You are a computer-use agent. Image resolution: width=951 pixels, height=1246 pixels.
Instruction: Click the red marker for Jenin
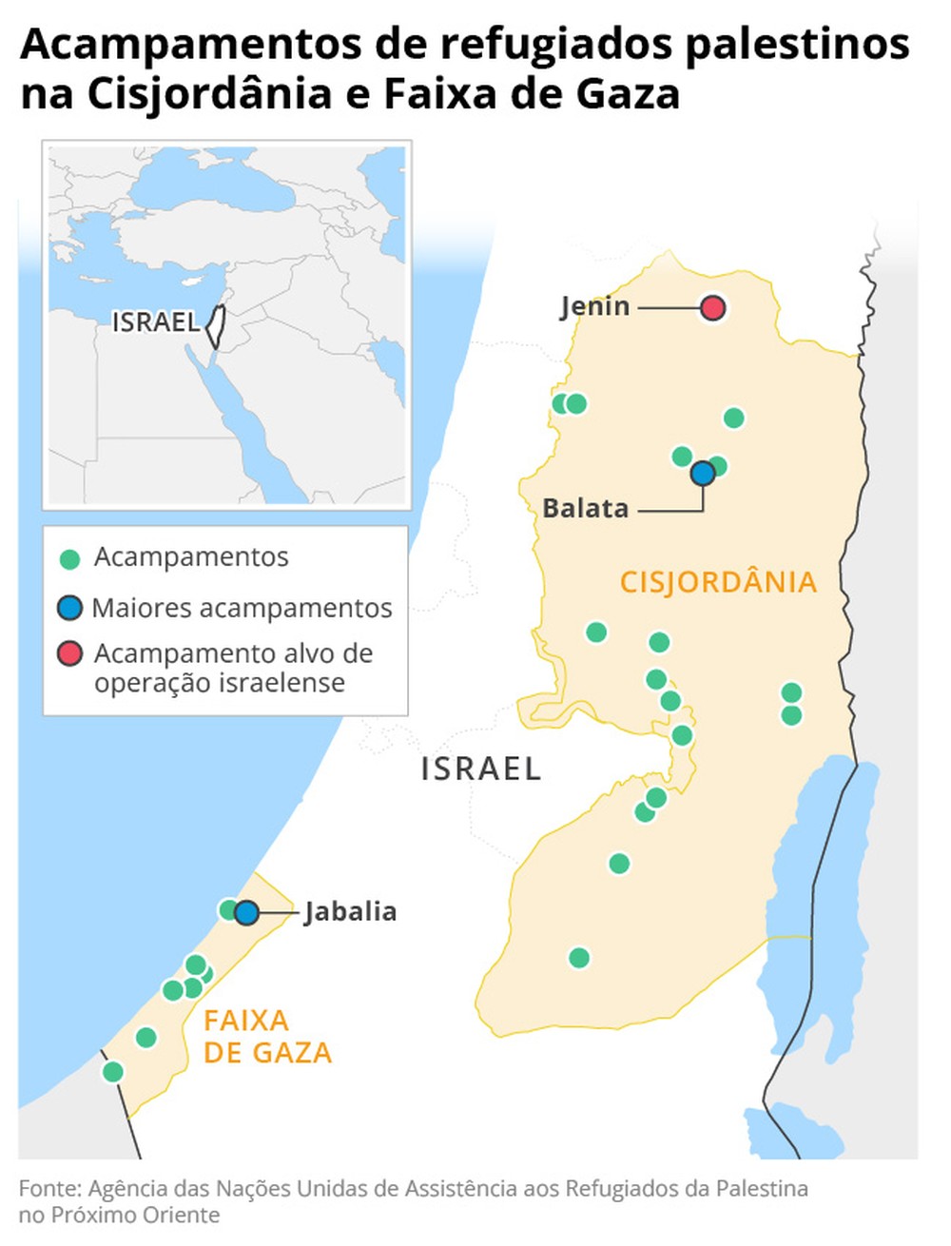point(713,308)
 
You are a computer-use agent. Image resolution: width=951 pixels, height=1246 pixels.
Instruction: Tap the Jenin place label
point(594,307)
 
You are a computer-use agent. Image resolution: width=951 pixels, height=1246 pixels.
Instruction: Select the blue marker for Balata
point(703,473)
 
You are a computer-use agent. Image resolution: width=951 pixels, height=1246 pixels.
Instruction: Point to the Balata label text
point(585,509)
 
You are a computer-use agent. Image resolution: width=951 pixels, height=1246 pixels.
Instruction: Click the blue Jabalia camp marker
point(247,913)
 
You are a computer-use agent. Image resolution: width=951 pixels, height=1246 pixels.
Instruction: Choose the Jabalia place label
point(350,912)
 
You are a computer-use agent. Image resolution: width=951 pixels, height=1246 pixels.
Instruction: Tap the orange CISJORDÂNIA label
point(718,582)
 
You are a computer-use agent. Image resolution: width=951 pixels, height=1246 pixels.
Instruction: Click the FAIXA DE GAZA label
point(267,1037)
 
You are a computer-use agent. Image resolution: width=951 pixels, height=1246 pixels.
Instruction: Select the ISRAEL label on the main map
point(481,769)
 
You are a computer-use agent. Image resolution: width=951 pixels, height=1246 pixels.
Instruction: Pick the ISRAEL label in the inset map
point(155,322)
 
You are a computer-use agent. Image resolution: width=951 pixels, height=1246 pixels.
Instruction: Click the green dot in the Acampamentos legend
point(69,559)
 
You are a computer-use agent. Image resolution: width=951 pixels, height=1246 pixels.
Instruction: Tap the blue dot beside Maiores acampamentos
point(69,608)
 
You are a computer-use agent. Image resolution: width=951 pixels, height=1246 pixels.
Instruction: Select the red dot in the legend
point(69,654)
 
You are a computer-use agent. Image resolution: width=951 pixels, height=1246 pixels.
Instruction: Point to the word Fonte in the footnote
point(49,1189)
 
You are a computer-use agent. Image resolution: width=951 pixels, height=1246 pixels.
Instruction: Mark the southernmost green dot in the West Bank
point(579,958)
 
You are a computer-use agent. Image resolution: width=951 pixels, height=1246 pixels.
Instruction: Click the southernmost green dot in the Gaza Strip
point(113,1072)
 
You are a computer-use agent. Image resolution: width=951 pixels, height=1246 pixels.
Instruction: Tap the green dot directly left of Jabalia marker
point(229,910)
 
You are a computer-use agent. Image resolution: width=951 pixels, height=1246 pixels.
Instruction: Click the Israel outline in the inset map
point(215,326)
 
